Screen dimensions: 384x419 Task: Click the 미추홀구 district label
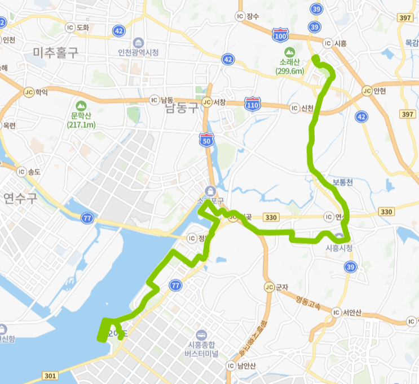pyautogui.click(x=55, y=53)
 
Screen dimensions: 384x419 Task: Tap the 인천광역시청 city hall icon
pyautogui.click(x=138, y=43)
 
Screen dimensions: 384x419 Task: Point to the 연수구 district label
pyautogui.click(x=20, y=198)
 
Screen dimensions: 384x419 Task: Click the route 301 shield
pyautogui.click(x=50, y=376)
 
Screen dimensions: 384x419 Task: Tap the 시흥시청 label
pyautogui.click(x=339, y=248)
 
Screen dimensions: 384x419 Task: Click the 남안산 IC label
pyautogui.click(x=242, y=365)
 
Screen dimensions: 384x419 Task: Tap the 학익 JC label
pyautogui.click(x=36, y=91)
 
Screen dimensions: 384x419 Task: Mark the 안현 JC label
pyautogui.click(x=374, y=90)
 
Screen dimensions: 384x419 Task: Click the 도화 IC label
pyautogui.click(x=78, y=27)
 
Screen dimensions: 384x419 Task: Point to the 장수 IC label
pyautogui.click(x=247, y=16)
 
